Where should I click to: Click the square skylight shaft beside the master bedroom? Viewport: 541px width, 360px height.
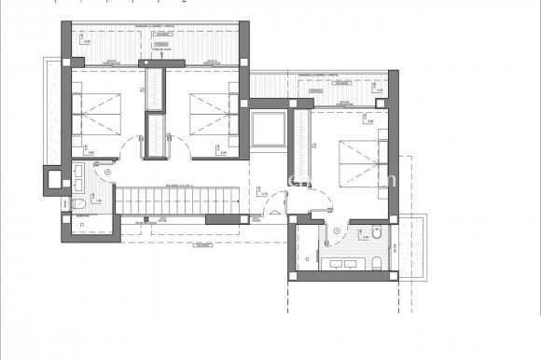(270, 129)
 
